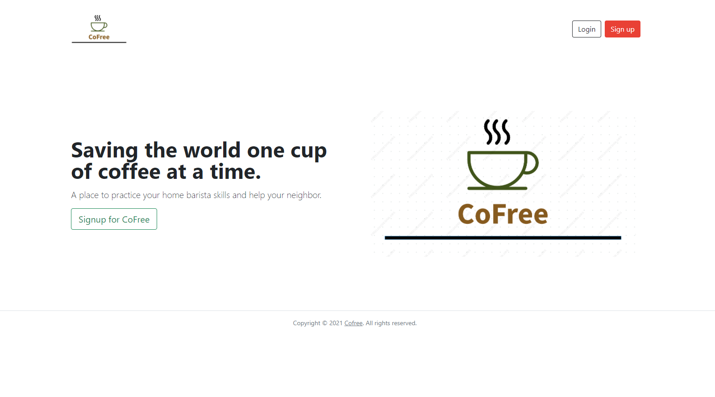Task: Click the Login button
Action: click(586, 29)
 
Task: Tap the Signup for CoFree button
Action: click(114, 219)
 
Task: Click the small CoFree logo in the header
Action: click(99, 29)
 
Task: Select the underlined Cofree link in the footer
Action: click(353, 323)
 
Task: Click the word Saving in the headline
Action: click(104, 151)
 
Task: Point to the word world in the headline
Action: click(212, 150)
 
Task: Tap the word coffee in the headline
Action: click(129, 171)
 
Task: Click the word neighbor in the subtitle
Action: click(303, 195)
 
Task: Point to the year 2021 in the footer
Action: click(336, 323)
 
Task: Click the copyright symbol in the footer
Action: click(324, 323)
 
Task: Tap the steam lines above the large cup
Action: click(497, 132)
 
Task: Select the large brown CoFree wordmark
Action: click(503, 214)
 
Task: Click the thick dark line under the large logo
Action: click(503, 238)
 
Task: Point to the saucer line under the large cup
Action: click(497, 188)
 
